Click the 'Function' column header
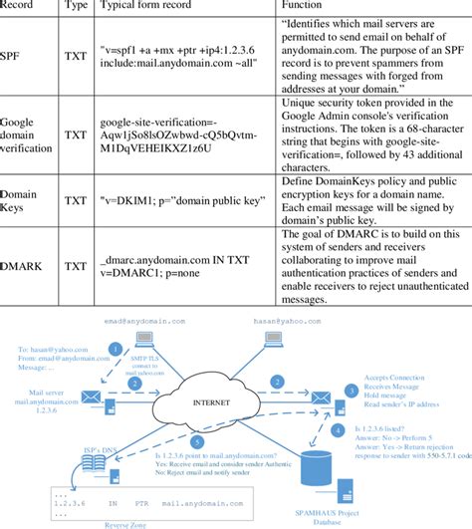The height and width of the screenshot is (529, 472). (305, 6)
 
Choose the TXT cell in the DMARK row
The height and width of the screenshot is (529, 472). (76, 266)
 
